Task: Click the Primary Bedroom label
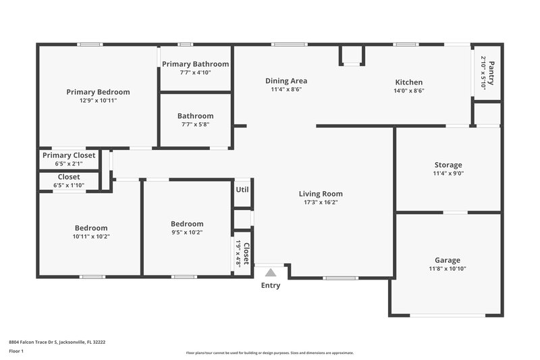click(x=98, y=92)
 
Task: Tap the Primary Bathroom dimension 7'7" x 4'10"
click(x=195, y=72)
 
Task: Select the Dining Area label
click(x=286, y=80)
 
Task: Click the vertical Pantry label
click(x=492, y=73)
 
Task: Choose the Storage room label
click(x=448, y=165)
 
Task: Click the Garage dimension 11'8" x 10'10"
click(x=447, y=268)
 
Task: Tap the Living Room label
click(x=321, y=194)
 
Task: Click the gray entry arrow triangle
click(x=271, y=273)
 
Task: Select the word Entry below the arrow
click(x=271, y=286)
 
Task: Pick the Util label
click(x=242, y=190)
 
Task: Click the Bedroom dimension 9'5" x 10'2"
click(x=187, y=232)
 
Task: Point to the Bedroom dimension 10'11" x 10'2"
click(x=91, y=236)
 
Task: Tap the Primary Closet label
click(x=69, y=155)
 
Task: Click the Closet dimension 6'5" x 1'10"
click(x=69, y=185)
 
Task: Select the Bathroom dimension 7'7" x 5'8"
click(x=195, y=124)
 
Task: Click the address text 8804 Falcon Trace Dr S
click(x=57, y=342)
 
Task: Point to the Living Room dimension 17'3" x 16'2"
click(x=321, y=202)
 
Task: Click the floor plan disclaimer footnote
click(x=269, y=353)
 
